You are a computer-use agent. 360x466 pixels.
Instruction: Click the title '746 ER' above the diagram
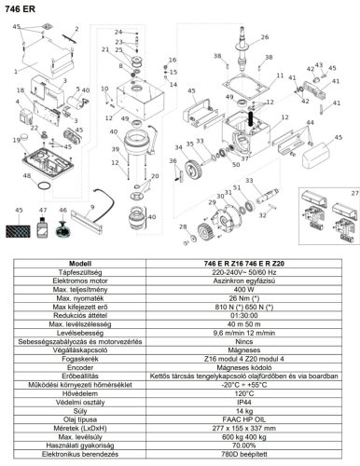tap(21, 8)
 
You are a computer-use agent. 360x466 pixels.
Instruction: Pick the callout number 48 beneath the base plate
tap(27, 175)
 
